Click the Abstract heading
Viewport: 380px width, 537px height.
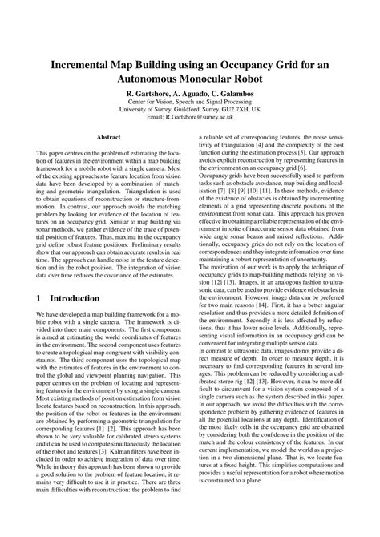click(108, 138)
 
